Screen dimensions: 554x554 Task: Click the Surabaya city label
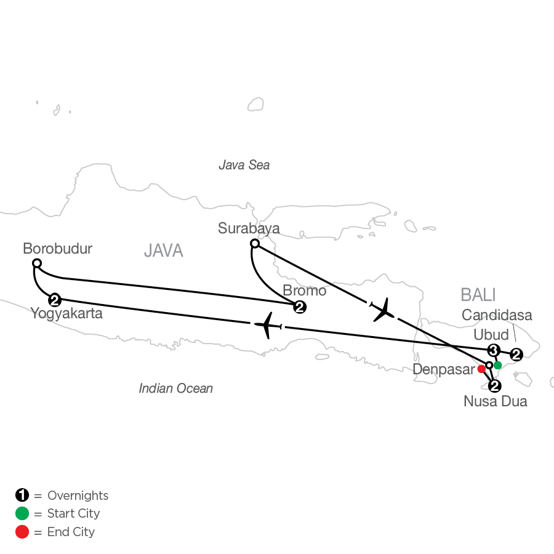tap(249, 228)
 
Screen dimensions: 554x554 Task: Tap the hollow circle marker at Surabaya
tap(255, 243)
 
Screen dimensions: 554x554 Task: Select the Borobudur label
tap(58, 249)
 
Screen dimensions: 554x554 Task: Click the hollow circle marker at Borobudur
tap(37, 263)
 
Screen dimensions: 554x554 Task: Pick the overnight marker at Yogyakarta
tap(55, 300)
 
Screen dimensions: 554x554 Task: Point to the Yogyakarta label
tap(66, 314)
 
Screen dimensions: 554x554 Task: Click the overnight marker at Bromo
tap(300, 307)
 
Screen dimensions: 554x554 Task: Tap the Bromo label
tap(305, 291)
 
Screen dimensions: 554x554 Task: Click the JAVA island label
tap(164, 251)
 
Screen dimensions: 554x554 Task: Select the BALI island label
tap(478, 295)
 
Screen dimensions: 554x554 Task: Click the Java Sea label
tap(244, 165)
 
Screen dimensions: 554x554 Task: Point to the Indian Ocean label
tap(175, 388)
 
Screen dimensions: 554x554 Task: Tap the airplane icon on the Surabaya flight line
tap(383, 310)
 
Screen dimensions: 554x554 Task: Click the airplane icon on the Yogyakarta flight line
tap(268, 325)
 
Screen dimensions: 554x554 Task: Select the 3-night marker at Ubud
tap(494, 350)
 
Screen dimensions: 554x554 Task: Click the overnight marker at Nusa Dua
tap(495, 386)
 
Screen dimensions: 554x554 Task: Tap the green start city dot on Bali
tap(497, 365)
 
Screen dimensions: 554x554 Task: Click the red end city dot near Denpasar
tap(481, 369)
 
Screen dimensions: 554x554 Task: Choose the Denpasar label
tap(444, 369)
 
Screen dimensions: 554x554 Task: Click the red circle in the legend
tap(22, 532)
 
